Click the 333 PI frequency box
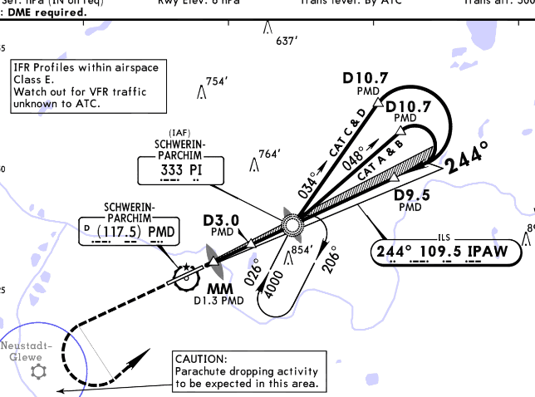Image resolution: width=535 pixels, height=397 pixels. click(x=180, y=171)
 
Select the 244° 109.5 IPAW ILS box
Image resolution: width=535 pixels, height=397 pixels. click(x=447, y=250)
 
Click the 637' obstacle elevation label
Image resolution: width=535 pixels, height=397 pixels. click(x=287, y=40)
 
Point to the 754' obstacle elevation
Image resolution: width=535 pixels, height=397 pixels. click(x=216, y=81)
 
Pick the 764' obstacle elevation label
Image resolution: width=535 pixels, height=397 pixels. click(x=270, y=154)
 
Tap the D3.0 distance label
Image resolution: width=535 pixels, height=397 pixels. click(x=221, y=220)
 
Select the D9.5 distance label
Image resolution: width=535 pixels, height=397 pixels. click(x=411, y=195)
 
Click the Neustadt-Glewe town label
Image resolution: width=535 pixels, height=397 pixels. click(x=27, y=350)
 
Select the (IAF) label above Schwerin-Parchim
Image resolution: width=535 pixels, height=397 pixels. click(x=179, y=133)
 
